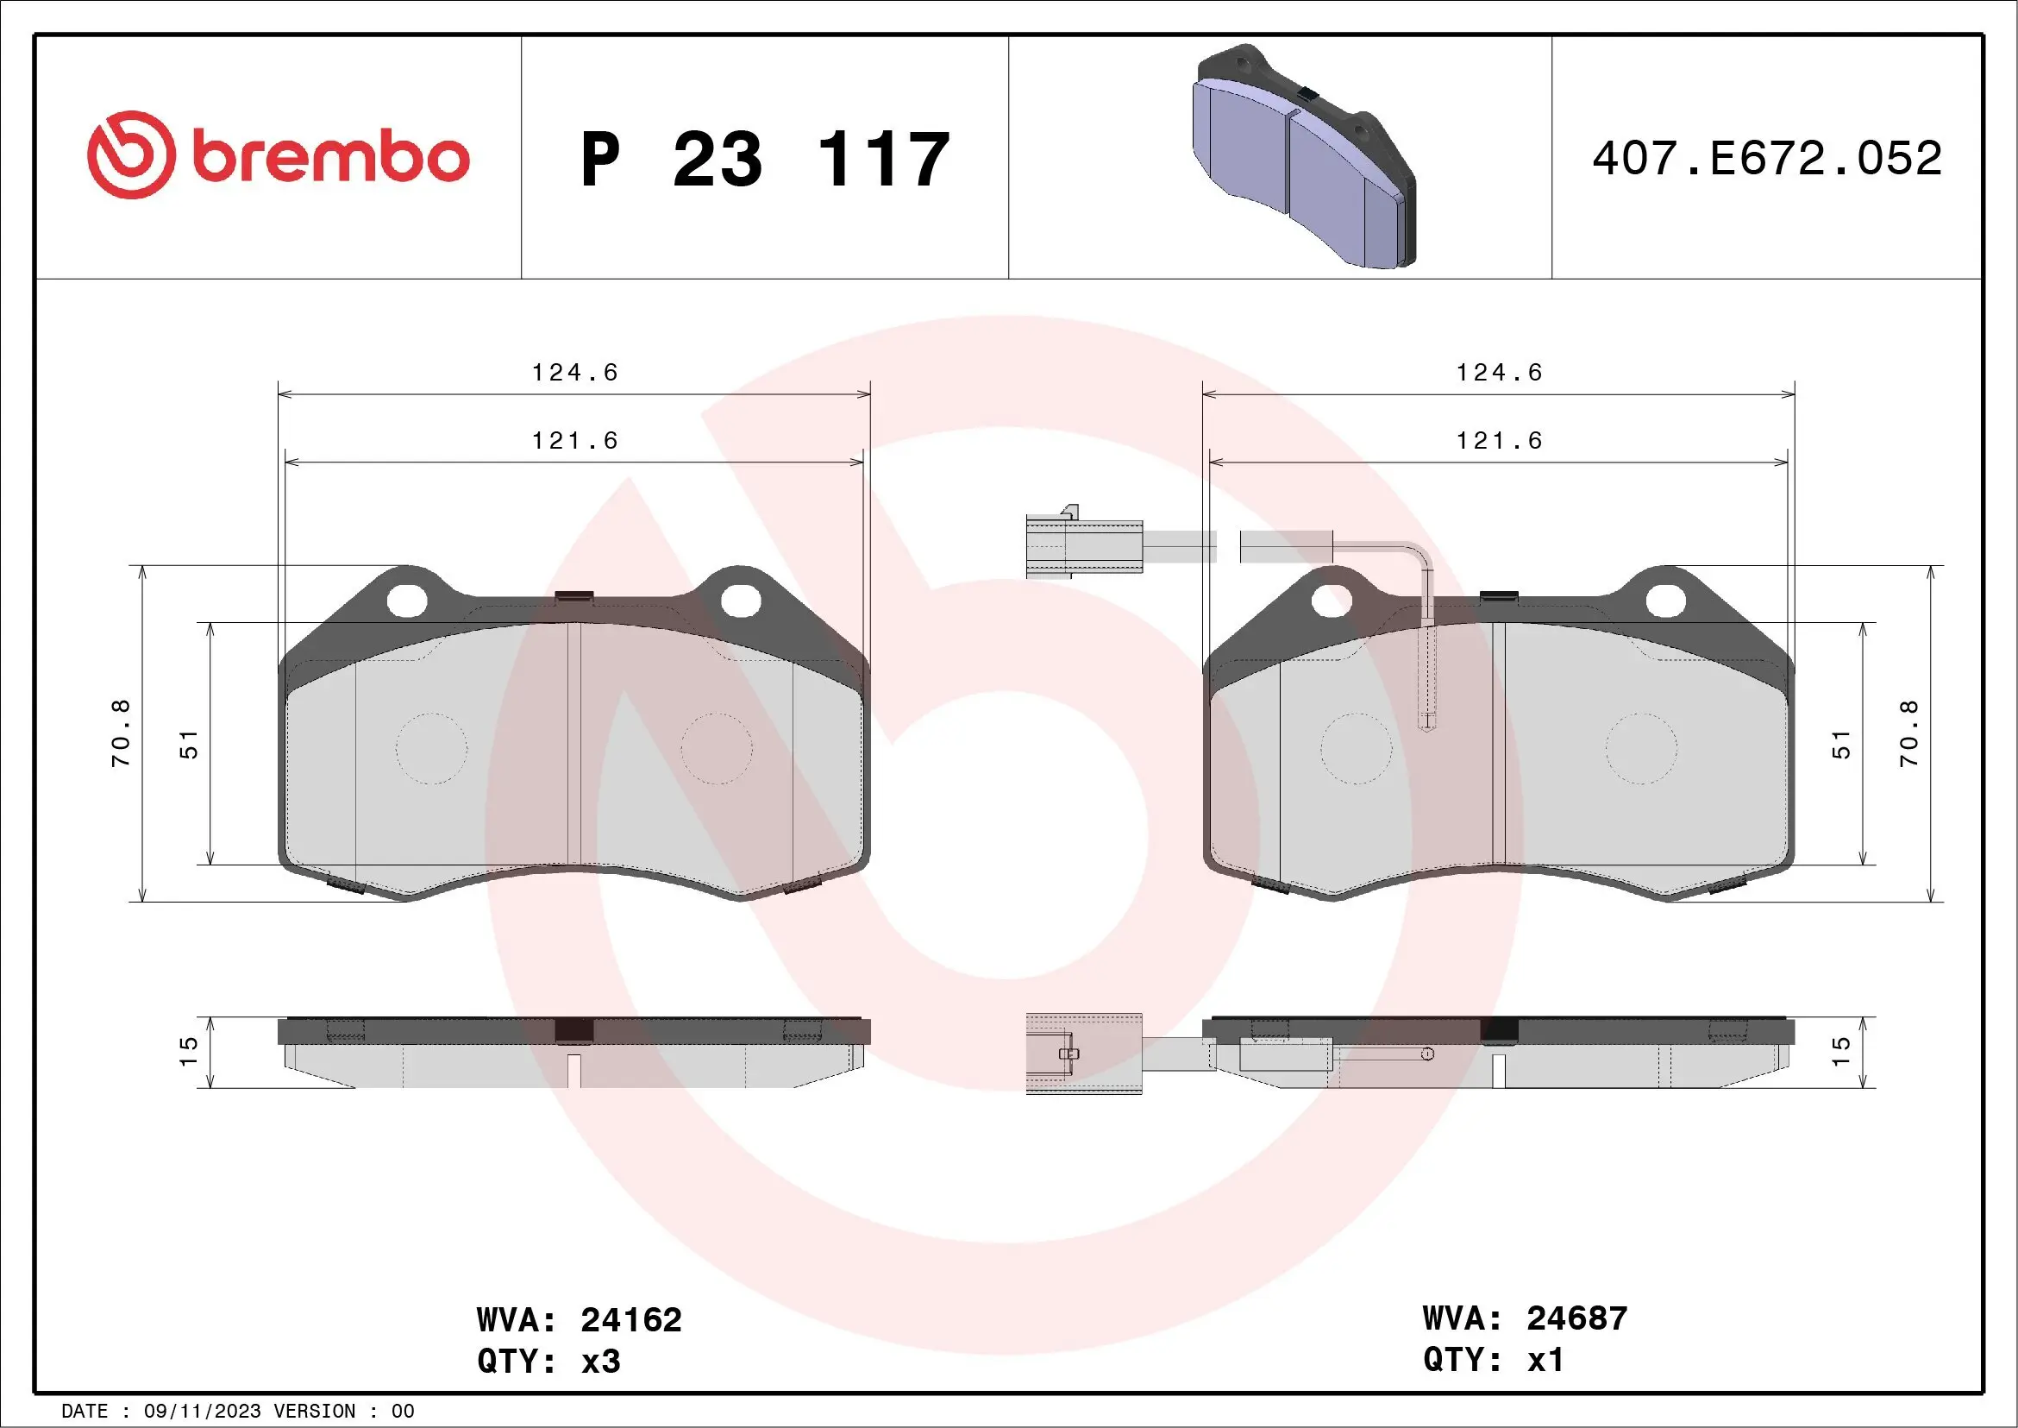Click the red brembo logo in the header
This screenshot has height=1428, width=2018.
click(278, 155)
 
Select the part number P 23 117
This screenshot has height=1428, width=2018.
click(765, 160)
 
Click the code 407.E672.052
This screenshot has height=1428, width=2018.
click(1767, 158)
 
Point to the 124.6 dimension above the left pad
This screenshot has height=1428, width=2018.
click(575, 373)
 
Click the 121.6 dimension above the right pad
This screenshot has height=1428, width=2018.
click(1500, 441)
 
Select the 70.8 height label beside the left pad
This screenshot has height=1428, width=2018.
click(122, 733)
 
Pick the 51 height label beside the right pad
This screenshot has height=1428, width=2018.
click(1840, 745)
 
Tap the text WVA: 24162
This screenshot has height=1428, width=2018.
click(580, 1320)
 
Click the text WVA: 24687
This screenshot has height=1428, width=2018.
click(1525, 1318)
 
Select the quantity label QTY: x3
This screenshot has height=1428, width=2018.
click(548, 1362)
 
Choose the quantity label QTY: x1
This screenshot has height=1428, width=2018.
click(1494, 1360)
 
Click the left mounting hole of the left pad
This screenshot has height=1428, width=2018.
click(407, 601)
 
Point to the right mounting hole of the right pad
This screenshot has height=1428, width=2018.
click(1664, 601)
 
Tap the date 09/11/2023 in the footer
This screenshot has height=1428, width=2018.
click(202, 1412)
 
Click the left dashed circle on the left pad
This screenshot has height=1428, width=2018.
click(430, 748)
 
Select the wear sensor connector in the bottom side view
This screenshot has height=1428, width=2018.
click(1084, 1054)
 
